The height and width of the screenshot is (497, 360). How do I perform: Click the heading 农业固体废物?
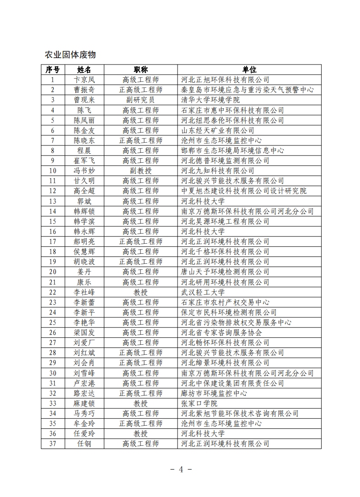pos(70,55)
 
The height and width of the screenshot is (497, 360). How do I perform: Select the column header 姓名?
pos(84,69)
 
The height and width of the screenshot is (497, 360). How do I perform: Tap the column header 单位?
pos(249,69)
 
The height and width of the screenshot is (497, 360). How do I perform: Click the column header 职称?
pos(140,69)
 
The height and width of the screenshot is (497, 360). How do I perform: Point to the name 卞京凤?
pos(84,80)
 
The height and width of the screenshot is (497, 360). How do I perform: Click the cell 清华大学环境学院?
pos(210,100)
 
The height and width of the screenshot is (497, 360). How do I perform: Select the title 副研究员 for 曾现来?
pos(140,100)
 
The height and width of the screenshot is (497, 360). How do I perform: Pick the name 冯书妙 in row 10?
pos(84,171)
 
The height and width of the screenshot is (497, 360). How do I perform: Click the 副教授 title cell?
pos(140,171)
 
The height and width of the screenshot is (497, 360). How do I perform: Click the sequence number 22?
pos(53,292)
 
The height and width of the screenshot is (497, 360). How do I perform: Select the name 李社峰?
pos(84,292)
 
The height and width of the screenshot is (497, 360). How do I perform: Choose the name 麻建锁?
pos(84,403)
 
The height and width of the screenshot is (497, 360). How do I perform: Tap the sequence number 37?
pos(53,444)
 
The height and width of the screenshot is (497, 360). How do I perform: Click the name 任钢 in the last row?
pos(84,444)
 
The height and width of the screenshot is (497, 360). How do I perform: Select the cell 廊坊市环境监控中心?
pos(214,393)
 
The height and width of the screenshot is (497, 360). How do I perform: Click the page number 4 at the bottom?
pos(181,470)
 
